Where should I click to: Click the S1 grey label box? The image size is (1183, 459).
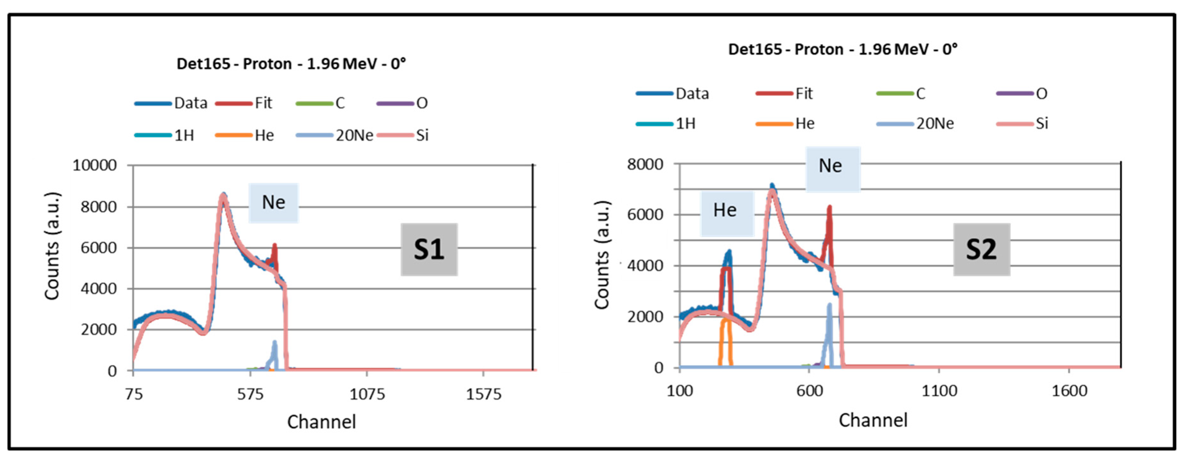(x=429, y=250)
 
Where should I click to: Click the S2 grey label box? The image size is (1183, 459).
(x=981, y=250)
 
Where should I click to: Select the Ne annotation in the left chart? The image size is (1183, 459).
(x=273, y=202)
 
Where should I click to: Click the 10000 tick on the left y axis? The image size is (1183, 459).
(x=95, y=165)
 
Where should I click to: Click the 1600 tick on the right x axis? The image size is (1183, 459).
(x=1069, y=391)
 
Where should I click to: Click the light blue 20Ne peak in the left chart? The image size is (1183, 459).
(x=274, y=352)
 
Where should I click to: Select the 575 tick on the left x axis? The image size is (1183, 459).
(x=250, y=394)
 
